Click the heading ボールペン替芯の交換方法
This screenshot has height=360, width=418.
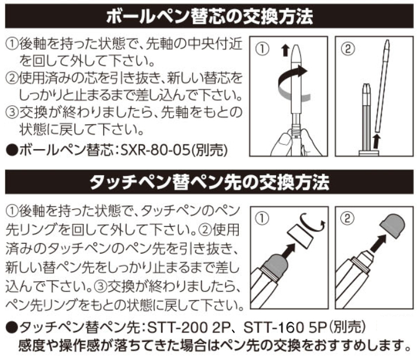coord(210,17)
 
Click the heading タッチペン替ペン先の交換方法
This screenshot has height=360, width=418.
coord(210,182)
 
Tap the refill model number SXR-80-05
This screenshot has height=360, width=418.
coord(155,151)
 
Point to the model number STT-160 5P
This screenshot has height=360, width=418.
coord(285,328)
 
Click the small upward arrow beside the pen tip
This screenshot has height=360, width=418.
coord(285,50)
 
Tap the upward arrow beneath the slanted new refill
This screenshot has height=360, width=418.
coord(375,141)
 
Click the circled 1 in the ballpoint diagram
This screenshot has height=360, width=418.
coord(262,49)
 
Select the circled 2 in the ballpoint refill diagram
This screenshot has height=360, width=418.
coord(348,49)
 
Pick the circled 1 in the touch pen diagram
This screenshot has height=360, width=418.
coord(262,219)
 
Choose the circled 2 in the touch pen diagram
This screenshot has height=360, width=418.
coord(347,219)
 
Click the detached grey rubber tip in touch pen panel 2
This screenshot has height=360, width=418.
coord(392,226)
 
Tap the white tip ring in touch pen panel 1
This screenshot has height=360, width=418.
coord(300,236)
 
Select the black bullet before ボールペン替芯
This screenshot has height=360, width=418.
coord(12,151)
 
